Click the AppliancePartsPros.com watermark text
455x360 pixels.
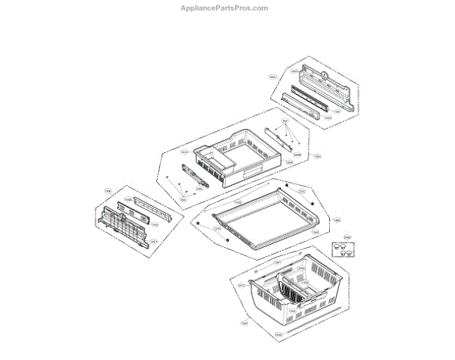pyautogui.click(x=227, y=8)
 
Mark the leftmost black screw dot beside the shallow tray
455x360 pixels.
pyautogui.click(x=196, y=224)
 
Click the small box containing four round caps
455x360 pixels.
pyautogui.click(x=343, y=252)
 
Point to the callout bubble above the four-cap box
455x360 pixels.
pyautogui.click(x=347, y=238)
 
